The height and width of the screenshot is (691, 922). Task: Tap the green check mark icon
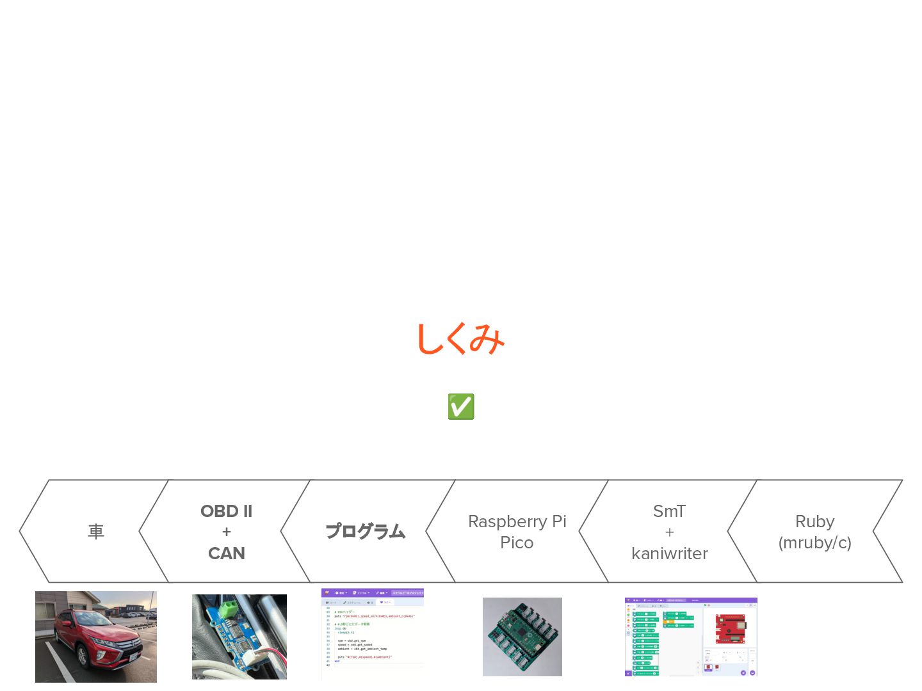click(461, 407)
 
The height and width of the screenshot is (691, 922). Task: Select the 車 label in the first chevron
click(96, 532)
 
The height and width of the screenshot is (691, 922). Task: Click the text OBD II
click(226, 511)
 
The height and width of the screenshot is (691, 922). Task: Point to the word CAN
click(226, 553)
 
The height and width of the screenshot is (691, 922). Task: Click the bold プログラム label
click(366, 532)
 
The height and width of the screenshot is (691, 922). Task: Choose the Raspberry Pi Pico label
click(517, 532)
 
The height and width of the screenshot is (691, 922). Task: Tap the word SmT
click(669, 511)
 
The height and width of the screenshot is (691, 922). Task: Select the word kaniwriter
click(669, 553)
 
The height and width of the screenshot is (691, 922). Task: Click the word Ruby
click(814, 521)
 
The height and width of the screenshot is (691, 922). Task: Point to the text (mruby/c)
click(814, 543)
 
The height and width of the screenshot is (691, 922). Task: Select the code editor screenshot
click(372, 633)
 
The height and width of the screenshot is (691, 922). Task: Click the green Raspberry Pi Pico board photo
click(522, 637)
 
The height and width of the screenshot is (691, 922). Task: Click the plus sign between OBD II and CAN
click(226, 532)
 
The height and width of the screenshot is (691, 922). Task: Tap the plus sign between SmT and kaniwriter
click(669, 532)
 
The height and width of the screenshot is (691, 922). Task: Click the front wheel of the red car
click(83, 657)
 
